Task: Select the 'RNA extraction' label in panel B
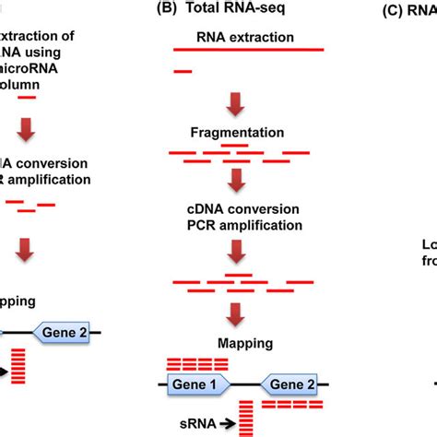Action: pos(246,37)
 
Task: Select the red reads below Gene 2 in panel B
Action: pos(291,404)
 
